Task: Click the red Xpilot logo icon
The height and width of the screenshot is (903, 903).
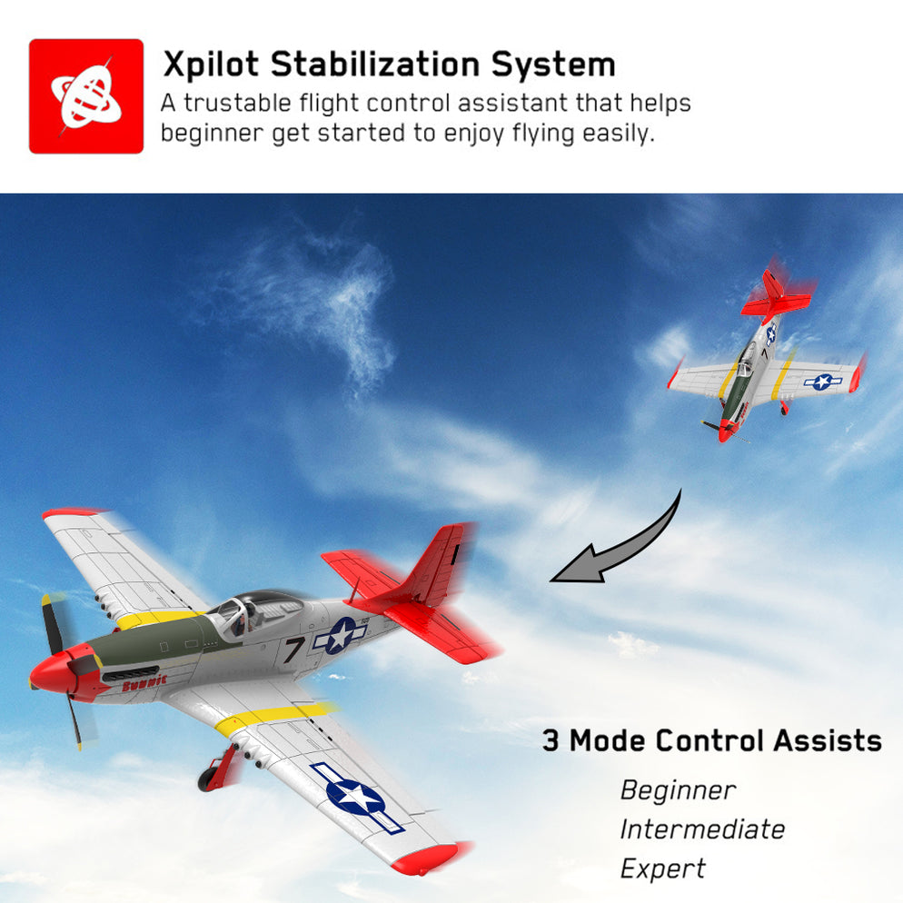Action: pyautogui.click(x=86, y=95)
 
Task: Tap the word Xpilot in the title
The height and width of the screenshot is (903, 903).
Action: pyautogui.click(x=212, y=65)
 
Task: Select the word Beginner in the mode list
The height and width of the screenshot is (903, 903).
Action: pyautogui.click(x=678, y=790)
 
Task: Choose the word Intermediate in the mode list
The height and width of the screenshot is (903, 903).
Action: pyautogui.click(x=702, y=829)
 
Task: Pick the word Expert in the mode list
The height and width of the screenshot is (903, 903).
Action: pyautogui.click(x=662, y=868)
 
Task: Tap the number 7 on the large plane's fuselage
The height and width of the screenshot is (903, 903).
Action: pyautogui.click(x=293, y=649)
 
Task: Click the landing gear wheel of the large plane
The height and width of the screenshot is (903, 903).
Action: pyautogui.click(x=211, y=778)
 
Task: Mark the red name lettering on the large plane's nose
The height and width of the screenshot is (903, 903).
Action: pyautogui.click(x=144, y=682)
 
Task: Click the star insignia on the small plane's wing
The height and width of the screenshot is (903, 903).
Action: pyautogui.click(x=822, y=382)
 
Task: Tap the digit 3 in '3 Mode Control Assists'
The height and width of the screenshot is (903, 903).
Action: pyautogui.click(x=551, y=740)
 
